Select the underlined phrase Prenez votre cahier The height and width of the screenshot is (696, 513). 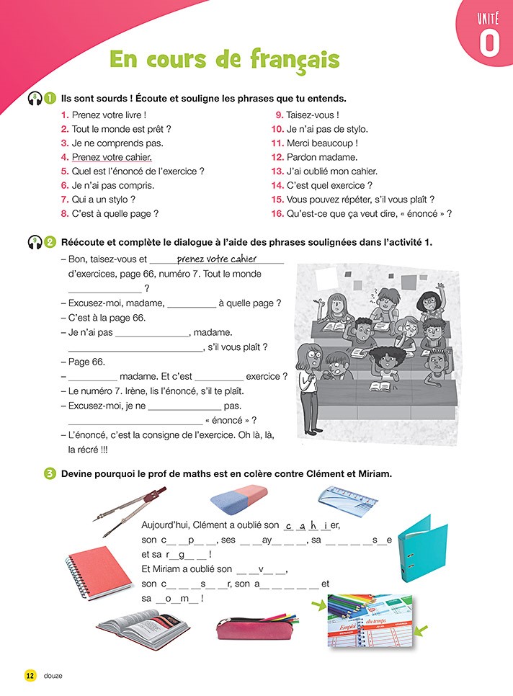click(x=112, y=157)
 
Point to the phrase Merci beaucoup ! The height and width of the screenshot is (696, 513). click(x=322, y=143)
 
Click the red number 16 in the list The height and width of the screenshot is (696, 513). click(x=277, y=213)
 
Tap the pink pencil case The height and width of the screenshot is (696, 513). click(x=253, y=627)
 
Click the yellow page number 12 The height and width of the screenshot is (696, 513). click(x=30, y=675)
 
